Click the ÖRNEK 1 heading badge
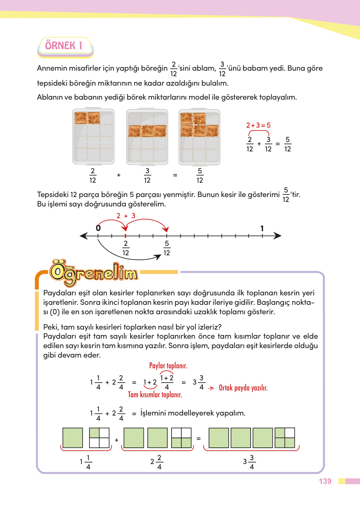pyautogui.click(x=64, y=46)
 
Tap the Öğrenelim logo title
pyautogui.click(x=94, y=273)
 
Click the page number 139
pyautogui.click(x=325, y=481)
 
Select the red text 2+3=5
pyautogui.click(x=258, y=125)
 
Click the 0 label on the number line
pyautogui.click(x=98, y=228)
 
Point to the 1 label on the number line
pyautogui.click(x=262, y=228)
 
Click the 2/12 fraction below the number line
pyautogui.click(x=126, y=248)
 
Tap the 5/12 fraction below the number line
pyautogui.click(x=167, y=248)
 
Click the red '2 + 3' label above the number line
pyautogui.click(x=126, y=216)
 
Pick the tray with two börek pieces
pyautogui.click(x=93, y=136)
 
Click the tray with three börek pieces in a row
pyautogui.click(x=147, y=136)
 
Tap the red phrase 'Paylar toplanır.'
pyautogui.click(x=168, y=366)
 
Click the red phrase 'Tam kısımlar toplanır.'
pyautogui.click(x=155, y=395)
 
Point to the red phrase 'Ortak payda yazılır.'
pyautogui.click(x=243, y=388)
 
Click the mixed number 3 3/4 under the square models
pyautogui.click(x=249, y=462)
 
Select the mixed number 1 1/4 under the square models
pyautogui.click(x=86, y=462)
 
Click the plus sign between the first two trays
pyautogui.click(x=119, y=175)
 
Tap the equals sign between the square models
pyautogui.click(x=199, y=439)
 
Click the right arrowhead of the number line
pyautogui.click(x=278, y=235)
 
